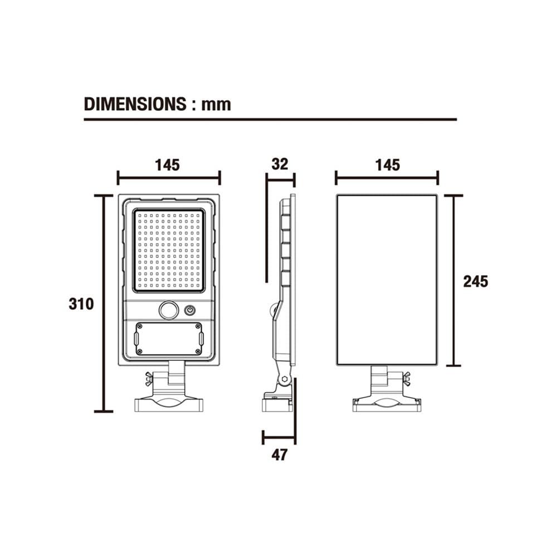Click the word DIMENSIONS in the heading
click(x=135, y=104)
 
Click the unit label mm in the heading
click(x=216, y=105)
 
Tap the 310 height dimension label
click(x=81, y=304)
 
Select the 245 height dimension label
click(x=476, y=281)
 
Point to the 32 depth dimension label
click(x=280, y=164)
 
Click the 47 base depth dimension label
click(x=279, y=455)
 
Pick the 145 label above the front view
click(x=167, y=165)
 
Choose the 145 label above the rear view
click(x=388, y=165)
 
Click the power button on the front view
click(x=190, y=310)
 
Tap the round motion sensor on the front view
click(x=169, y=310)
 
